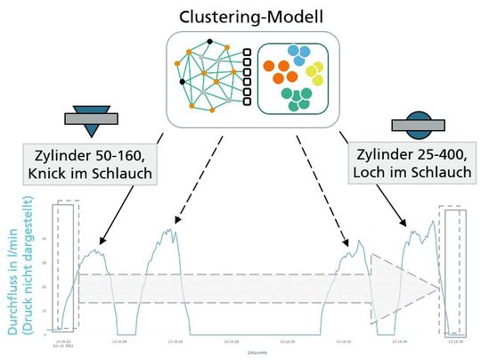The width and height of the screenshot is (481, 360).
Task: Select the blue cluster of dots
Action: [301, 54]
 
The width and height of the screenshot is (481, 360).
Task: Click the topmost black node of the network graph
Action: [209, 42]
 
